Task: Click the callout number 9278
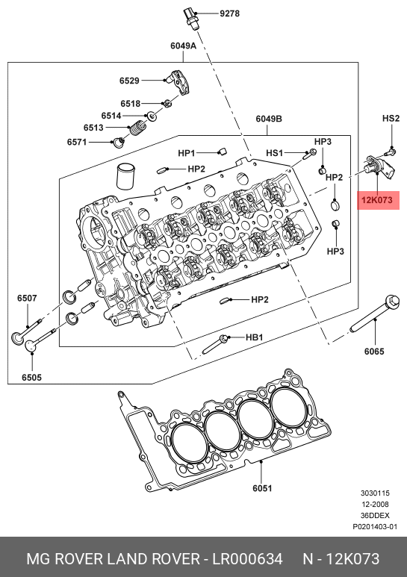coord(229,13)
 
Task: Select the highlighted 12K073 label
coord(378,200)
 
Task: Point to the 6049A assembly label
coord(183,46)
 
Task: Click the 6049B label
coord(269,119)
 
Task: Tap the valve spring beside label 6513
coord(137,128)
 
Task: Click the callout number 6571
coord(76,142)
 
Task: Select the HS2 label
coord(391,119)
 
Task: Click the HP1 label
coord(186,153)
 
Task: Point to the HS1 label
coord(275,153)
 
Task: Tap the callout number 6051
coord(262,488)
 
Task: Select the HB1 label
coord(255,337)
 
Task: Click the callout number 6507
coord(27,298)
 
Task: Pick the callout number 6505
coord(31,377)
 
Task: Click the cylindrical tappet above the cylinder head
coord(125,176)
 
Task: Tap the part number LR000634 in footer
coord(247,559)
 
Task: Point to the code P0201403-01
coord(375,526)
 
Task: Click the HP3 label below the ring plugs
coord(335,252)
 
